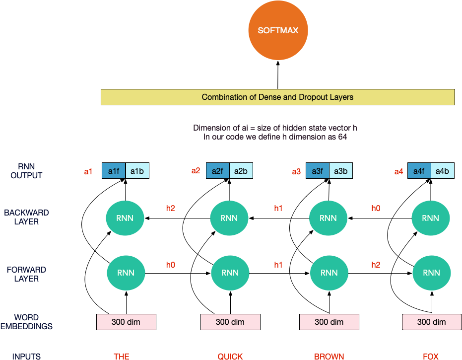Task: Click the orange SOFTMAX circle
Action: coord(278,30)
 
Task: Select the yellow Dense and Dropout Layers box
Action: coord(277,97)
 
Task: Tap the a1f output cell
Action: coord(114,171)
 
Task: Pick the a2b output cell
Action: coord(241,171)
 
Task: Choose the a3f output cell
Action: coord(318,171)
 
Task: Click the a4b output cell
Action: coord(443,171)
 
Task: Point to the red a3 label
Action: coord(296,172)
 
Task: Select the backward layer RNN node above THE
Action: coord(125,218)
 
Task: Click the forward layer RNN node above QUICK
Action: coord(230,273)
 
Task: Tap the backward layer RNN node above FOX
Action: coord(430,218)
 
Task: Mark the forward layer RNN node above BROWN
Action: coord(329,273)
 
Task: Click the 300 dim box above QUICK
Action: coord(230,322)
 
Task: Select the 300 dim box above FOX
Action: coord(432,322)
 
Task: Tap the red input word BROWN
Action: coord(329,357)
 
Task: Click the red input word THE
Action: coord(122,357)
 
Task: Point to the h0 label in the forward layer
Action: coord(171,265)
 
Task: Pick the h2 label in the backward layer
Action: coord(171,208)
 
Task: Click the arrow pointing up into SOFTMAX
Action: coord(277,75)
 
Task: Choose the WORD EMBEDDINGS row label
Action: coord(26,322)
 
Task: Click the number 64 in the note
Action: coord(342,137)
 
